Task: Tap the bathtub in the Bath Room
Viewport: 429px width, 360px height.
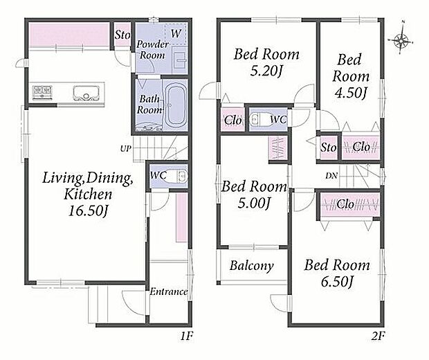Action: (175, 105)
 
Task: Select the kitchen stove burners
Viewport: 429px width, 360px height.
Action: (42, 92)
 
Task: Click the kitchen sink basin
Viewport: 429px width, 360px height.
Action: (86, 93)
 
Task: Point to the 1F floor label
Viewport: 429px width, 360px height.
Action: (187, 336)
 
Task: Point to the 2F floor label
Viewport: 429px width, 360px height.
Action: (378, 336)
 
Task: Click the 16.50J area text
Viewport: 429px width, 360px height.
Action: (88, 210)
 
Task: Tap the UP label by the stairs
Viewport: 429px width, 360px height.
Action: (125, 149)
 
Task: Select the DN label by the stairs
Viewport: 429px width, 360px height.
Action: (331, 176)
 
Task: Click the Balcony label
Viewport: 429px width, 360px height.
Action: (252, 266)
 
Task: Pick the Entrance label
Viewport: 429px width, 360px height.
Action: (169, 292)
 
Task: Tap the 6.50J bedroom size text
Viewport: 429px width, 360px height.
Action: (336, 282)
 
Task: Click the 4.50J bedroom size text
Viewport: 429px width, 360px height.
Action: (350, 93)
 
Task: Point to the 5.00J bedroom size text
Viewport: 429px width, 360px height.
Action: (254, 203)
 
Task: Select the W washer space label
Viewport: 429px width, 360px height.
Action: (176, 34)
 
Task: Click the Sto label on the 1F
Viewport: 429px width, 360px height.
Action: (122, 35)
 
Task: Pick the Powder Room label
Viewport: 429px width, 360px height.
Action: (152, 50)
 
